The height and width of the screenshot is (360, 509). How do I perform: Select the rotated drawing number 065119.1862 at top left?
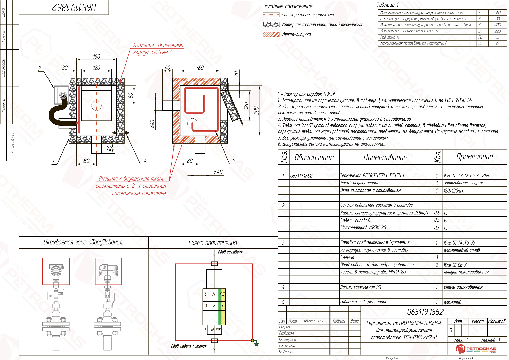pos(74,7)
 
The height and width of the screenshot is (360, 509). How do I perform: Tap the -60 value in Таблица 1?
pos(497,13)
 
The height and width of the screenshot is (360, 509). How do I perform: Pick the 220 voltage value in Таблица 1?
pos(497,31)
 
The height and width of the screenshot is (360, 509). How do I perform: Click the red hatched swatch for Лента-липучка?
pos(271,34)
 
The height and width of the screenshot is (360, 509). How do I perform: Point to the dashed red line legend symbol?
pos(271,15)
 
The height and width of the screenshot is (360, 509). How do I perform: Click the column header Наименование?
pos(385,157)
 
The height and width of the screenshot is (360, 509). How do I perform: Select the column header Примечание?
pos(474,157)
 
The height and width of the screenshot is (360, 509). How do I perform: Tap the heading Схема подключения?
pos(213,242)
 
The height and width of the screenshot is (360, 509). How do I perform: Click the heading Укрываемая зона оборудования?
pos(83,242)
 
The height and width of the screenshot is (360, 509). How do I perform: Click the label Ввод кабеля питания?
pos(189,346)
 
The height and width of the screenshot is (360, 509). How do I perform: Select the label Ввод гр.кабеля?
pos(230,252)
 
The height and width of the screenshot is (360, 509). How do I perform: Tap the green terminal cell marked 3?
pos(222,306)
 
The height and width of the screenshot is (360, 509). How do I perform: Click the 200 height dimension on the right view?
pos(257,110)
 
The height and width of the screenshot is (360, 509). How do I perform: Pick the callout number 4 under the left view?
pos(145,161)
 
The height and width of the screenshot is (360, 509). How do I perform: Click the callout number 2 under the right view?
pos(234,161)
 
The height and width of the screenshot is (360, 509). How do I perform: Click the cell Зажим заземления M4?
pos(361,287)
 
